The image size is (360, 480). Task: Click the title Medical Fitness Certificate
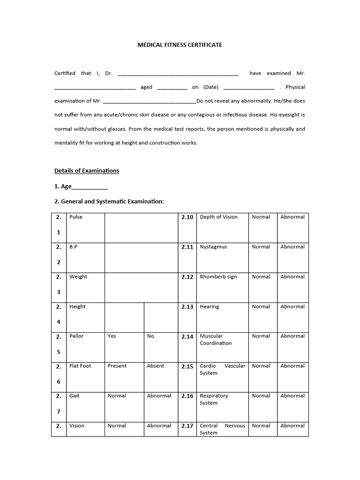180,45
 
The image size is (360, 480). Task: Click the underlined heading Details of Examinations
87,171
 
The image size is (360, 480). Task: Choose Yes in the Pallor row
112,336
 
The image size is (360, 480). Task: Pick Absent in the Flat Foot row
156,366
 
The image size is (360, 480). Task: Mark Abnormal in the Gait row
159,396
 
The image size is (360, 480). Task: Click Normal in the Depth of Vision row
261,217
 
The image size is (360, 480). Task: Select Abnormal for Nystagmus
292,247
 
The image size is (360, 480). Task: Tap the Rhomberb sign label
218,277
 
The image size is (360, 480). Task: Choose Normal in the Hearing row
261,307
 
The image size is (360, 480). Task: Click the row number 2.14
187,337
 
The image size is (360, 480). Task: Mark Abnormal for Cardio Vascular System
292,366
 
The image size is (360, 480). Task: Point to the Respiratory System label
214,399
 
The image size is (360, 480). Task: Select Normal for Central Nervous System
261,426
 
